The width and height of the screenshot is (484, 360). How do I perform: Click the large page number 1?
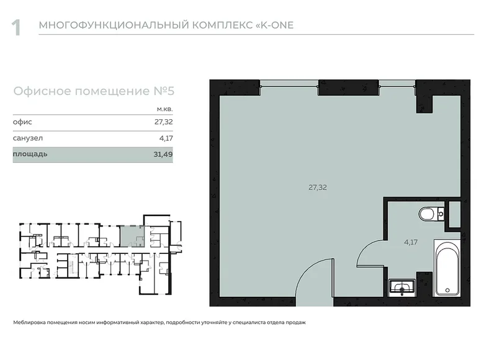point(16,27)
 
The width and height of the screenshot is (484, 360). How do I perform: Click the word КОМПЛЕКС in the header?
point(222,25)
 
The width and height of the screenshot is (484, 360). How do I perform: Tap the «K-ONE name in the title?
point(275,25)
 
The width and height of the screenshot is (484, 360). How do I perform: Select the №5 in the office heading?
point(164,91)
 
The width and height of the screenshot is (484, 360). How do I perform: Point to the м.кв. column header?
point(165,109)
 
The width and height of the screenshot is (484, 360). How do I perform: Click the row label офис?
point(22,122)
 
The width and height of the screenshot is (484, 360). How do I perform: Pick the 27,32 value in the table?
point(164,122)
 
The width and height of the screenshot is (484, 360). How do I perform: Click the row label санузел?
point(28,138)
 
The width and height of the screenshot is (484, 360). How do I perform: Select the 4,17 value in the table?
point(166,138)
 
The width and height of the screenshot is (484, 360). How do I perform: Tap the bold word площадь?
point(30,154)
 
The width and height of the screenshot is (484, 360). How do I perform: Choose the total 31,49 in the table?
point(163,155)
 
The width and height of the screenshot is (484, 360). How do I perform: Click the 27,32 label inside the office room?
point(318,187)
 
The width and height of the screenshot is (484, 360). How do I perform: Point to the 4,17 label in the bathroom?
point(411,242)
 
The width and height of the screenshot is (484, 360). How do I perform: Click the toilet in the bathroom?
point(431,214)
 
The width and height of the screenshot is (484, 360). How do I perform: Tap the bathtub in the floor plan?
point(447,268)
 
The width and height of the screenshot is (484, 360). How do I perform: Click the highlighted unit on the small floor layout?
point(132,236)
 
